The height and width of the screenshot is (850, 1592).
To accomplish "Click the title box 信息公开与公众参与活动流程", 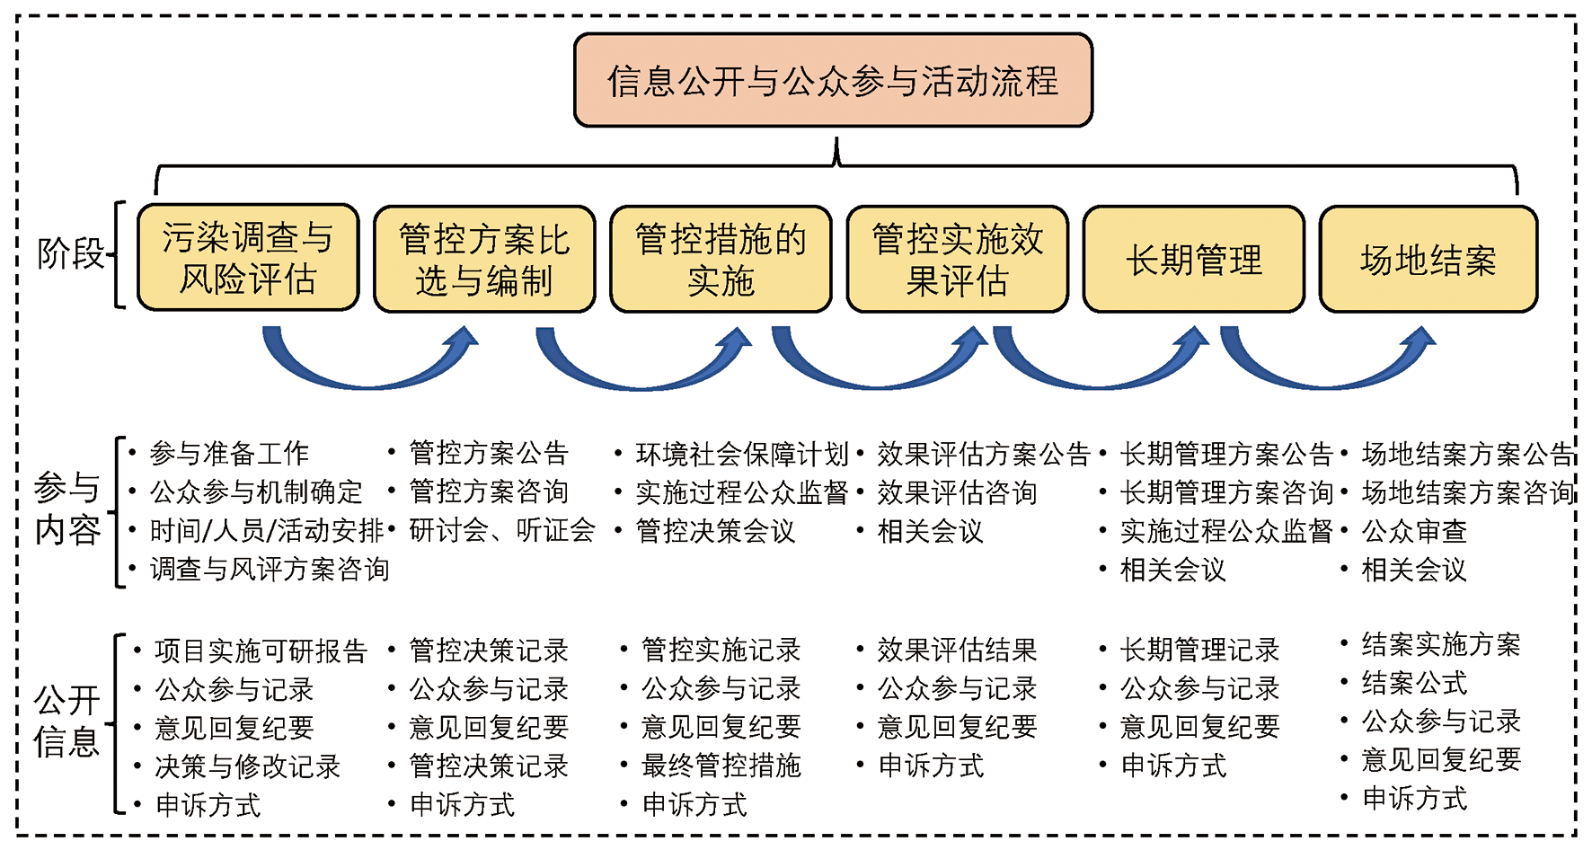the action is coord(833,80).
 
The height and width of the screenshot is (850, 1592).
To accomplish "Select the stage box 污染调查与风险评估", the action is coord(248,258).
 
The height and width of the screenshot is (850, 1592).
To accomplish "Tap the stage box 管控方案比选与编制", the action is coord(484,260).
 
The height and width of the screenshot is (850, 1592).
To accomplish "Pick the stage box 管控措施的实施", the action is coord(721,260).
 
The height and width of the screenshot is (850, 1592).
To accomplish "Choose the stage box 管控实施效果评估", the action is coord(957,260).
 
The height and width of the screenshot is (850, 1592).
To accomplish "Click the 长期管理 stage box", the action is coord(1193,260).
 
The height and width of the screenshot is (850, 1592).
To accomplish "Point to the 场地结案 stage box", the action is coord(1428,260).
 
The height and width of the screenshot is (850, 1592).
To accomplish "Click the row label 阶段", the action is coord(71,253).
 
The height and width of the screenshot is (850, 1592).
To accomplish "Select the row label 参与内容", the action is coord(67,509).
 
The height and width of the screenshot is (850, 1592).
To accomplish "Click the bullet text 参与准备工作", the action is coord(229,454).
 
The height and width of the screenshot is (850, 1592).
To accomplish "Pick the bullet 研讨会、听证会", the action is coord(502,530).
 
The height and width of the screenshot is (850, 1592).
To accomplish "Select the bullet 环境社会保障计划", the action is coord(742,454).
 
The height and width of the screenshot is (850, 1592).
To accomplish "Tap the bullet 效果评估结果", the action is coord(957,649).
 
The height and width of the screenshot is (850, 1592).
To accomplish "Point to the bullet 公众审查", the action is coord(1414,531).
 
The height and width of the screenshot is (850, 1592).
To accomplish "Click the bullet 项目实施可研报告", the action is coord(261,651).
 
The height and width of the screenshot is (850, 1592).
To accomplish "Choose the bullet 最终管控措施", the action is coord(721,766).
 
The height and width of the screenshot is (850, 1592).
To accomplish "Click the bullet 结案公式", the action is coord(1414,683).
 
